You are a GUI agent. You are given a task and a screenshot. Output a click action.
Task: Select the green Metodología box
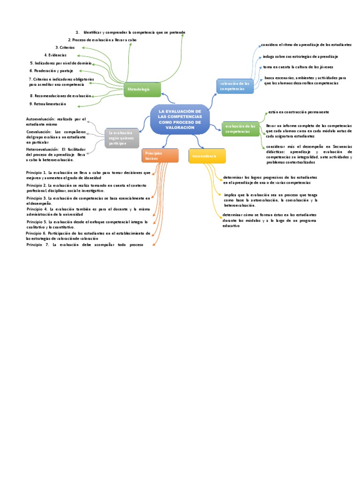[x=142, y=89]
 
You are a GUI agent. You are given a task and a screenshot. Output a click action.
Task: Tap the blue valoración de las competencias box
[x=234, y=86]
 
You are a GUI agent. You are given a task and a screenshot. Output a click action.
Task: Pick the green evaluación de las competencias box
[x=240, y=128]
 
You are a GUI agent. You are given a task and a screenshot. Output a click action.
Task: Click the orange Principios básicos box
[x=160, y=156]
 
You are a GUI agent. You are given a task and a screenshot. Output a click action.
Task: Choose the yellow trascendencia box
[x=207, y=156]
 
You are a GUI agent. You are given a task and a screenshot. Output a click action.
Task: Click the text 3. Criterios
[x=65, y=48]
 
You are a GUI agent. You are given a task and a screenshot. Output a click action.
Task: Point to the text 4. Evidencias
[x=55, y=55]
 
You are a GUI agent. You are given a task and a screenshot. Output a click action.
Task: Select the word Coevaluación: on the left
[x=39, y=132]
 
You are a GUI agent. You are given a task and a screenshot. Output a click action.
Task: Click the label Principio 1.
[x=36, y=173]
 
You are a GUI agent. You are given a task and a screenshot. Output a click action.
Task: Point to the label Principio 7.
[x=37, y=245]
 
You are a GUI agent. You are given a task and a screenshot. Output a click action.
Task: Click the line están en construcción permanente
[x=298, y=112]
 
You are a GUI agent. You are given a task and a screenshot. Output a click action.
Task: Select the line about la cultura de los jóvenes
[x=298, y=67]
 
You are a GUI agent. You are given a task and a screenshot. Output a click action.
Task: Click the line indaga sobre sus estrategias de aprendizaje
[x=300, y=56]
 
